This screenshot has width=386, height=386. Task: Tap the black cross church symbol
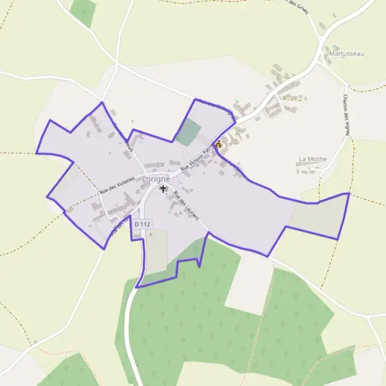pos(163,189)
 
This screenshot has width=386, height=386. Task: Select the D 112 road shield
pos(142,223)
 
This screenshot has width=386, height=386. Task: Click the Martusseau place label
pos(345,53)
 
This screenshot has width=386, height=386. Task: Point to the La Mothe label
pos(313,158)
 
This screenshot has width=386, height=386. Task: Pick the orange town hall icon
pos(219,145)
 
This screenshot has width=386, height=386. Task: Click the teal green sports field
pos(188,132)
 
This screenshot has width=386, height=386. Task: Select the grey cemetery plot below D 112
pos(157,251)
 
